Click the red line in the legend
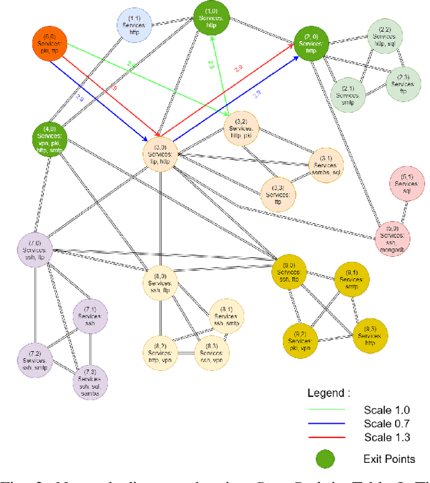click(x=326, y=437)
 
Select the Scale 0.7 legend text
click(x=386, y=423)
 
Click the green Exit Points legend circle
click(x=326, y=459)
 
